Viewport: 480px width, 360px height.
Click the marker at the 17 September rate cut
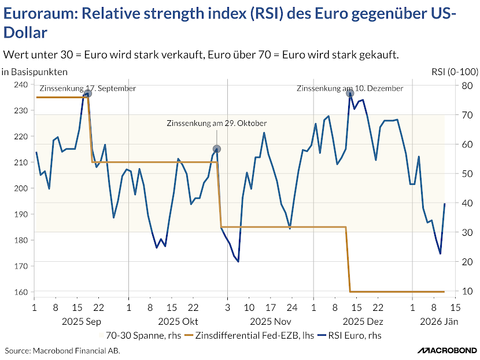tap(87, 94)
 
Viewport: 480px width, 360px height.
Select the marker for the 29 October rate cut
tap(217, 149)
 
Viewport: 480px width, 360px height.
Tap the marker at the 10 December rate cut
tap(350, 94)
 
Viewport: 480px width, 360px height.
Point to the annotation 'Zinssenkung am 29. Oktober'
tap(217, 124)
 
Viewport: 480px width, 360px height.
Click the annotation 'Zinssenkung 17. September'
tap(87, 88)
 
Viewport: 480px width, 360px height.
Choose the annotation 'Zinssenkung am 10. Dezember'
tap(350, 88)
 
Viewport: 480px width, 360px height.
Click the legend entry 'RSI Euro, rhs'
tap(353, 335)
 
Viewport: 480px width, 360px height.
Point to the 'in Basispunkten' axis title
tap(34, 72)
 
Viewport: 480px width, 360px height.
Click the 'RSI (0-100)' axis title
tap(455, 72)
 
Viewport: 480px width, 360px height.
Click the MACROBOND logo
tap(446, 350)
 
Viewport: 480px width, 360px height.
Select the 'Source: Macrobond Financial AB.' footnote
tap(63, 351)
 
